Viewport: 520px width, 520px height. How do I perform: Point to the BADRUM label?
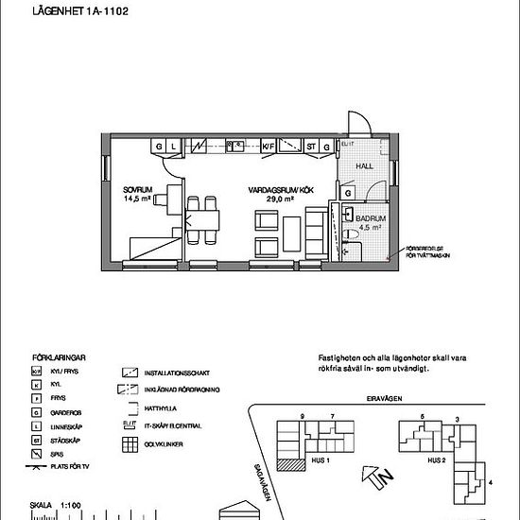click(370, 217)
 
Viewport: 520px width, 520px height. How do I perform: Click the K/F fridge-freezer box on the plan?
click(268, 147)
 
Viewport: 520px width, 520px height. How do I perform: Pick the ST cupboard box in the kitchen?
click(310, 147)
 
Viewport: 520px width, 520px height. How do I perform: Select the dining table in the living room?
click(201, 221)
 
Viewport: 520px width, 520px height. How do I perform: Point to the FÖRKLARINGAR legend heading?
click(60, 358)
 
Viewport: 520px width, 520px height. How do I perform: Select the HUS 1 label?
click(320, 460)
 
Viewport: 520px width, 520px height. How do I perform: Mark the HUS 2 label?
click(436, 460)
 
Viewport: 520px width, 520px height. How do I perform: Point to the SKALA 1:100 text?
click(54, 506)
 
